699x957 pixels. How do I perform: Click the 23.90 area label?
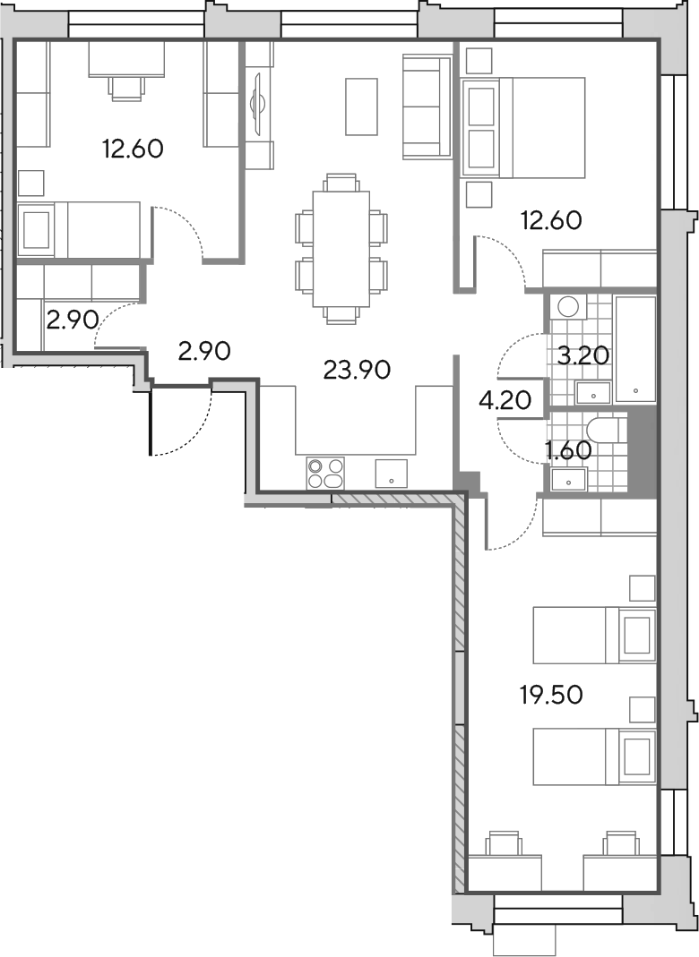point(357,370)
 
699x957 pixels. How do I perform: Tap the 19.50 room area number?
point(551,695)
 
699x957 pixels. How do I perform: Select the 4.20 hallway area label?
point(505,400)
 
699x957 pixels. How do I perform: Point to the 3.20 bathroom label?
point(583,355)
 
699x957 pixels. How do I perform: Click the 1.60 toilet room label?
point(567,451)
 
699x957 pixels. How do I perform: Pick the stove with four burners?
point(325,473)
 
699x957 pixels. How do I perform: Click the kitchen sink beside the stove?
point(392,473)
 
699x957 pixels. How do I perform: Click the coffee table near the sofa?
point(361,107)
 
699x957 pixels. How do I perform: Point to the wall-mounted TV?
point(256,103)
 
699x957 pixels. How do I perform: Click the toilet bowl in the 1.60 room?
point(604,431)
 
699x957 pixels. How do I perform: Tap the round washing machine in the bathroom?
point(567,307)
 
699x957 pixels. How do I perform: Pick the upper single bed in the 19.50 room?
point(594,635)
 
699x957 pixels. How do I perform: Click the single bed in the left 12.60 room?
point(80,230)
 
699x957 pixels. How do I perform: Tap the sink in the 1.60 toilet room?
point(569,479)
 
